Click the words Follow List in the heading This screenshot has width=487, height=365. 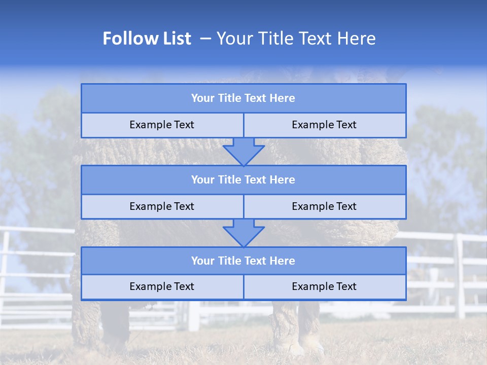tap(147, 39)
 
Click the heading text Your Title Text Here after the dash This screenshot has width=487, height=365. tap(296, 39)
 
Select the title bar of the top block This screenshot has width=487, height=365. tap(243, 98)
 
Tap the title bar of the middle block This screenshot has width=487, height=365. tap(243, 180)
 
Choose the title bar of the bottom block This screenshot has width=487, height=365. tap(243, 261)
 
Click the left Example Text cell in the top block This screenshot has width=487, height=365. tap(162, 125)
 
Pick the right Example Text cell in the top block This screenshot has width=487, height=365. tap(324, 125)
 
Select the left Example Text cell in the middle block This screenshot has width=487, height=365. tap(162, 207)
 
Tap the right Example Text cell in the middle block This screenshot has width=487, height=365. tap(324, 207)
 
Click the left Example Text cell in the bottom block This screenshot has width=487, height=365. tap(162, 287)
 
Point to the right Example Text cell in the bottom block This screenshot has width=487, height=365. tap(324, 287)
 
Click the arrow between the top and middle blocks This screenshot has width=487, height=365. tap(243, 152)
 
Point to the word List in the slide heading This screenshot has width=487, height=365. tap(174, 39)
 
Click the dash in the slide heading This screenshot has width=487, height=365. tap(206, 39)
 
